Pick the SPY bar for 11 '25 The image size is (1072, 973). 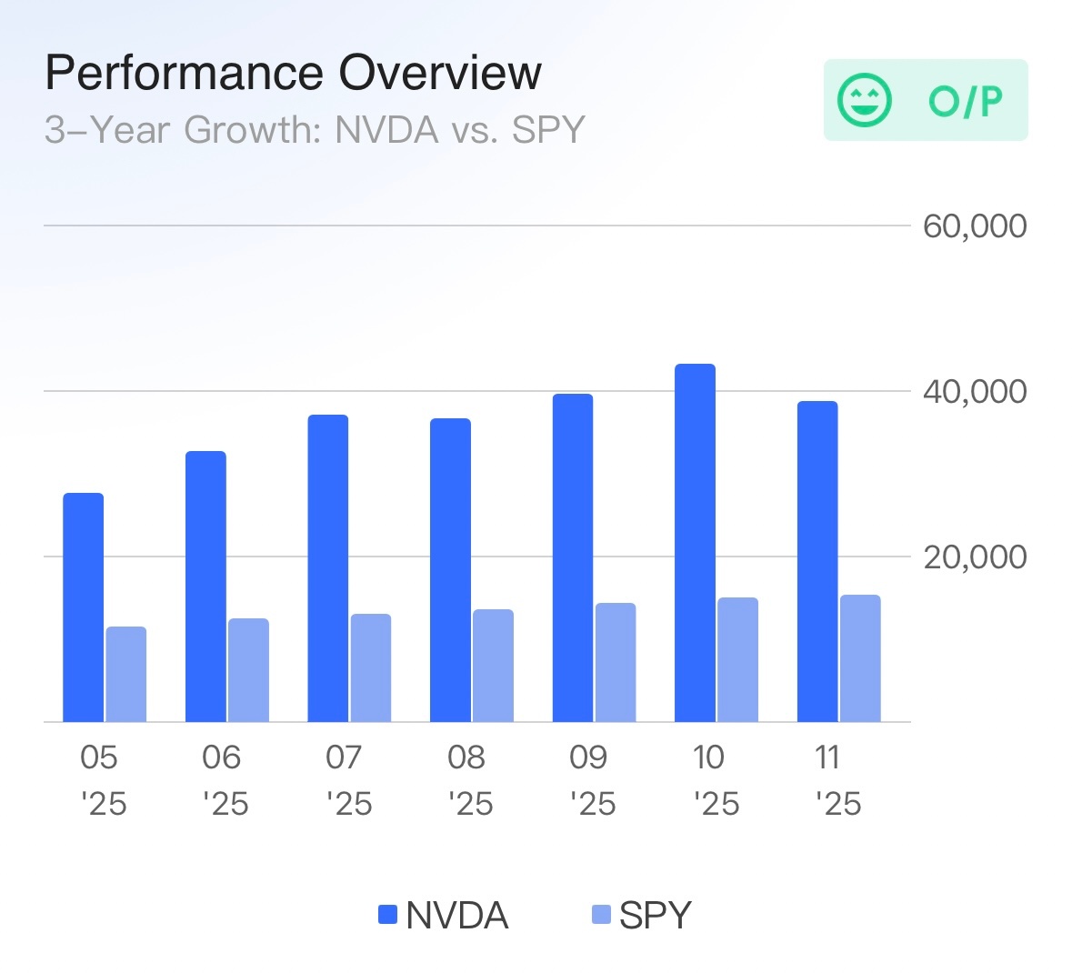(860, 658)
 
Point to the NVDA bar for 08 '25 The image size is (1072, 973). (450, 570)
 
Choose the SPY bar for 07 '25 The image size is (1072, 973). (371, 667)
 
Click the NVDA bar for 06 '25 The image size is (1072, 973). (205, 587)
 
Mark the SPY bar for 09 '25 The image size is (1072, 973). (616, 662)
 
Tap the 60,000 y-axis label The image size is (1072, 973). (975, 226)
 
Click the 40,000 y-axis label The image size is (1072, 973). (975, 391)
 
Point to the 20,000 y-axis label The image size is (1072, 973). (975, 557)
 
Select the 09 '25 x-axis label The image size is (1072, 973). (591, 780)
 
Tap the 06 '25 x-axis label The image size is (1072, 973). (224, 780)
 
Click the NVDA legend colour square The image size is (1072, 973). (388, 915)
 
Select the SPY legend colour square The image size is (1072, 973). (601, 915)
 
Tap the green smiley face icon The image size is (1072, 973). (865, 100)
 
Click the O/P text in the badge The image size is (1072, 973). (966, 101)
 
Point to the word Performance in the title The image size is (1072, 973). (185, 73)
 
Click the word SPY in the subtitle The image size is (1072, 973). (548, 130)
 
